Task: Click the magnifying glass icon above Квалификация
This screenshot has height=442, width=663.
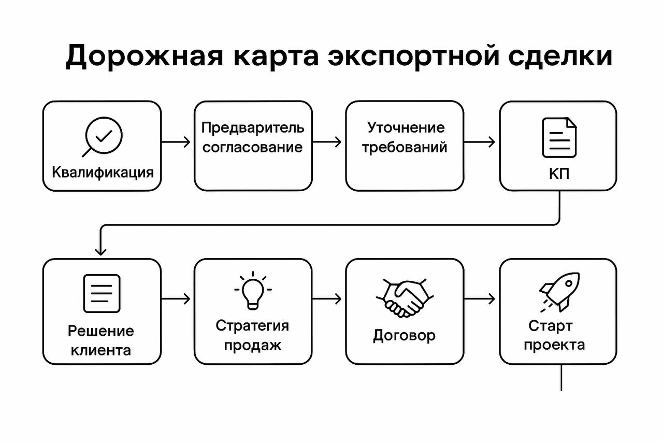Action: click(102, 136)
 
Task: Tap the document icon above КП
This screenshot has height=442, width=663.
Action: click(559, 137)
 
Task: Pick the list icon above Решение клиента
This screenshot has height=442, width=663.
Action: click(102, 293)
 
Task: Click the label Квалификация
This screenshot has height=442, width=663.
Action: click(103, 172)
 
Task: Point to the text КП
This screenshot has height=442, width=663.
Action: click(559, 174)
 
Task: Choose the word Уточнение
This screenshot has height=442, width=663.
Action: click(406, 127)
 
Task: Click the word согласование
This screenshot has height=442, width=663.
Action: click(252, 147)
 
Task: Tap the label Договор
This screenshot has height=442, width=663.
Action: click(404, 336)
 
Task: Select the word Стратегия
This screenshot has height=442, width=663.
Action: click(252, 326)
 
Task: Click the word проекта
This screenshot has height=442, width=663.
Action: click(554, 345)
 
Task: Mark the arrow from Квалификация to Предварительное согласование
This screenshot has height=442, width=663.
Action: click(177, 142)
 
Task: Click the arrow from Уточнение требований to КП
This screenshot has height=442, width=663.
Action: click(480, 142)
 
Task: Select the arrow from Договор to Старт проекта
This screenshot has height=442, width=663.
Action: click(480, 299)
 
